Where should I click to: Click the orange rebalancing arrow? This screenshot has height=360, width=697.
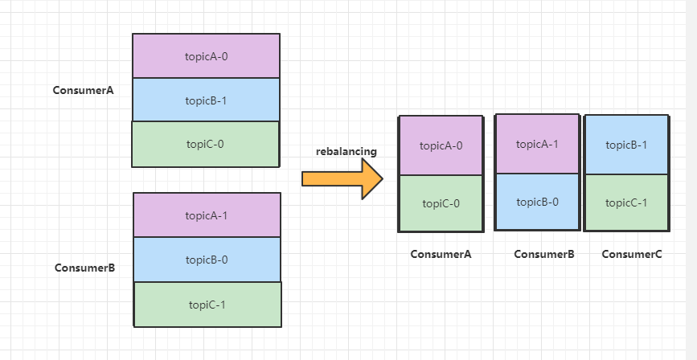click(x=342, y=178)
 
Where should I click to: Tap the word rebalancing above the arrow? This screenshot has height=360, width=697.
click(x=346, y=152)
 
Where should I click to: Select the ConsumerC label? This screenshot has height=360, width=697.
click(x=632, y=254)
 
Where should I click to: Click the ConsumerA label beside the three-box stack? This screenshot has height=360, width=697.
click(x=83, y=90)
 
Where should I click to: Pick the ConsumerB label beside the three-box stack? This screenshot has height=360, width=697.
click(x=85, y=268)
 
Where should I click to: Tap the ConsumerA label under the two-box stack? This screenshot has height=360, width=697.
click(x=441, y=254)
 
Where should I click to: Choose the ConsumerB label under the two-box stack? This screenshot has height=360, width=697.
click(x=544, y=254)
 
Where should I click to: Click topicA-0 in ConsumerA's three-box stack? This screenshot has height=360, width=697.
click(x=207, y=56)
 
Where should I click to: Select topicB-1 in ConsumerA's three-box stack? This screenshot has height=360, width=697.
click(x=207, y=100)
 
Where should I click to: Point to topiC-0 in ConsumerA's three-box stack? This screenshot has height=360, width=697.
click(x=206, y=144)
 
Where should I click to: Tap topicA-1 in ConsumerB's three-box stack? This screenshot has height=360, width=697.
click(x=207, y=215)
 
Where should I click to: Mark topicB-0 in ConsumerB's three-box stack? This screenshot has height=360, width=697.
click(x=207, y=260)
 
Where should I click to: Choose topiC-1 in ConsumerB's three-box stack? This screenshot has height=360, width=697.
click(x=207, y=305)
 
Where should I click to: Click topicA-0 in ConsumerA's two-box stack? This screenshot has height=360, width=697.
click(x=441, y=145)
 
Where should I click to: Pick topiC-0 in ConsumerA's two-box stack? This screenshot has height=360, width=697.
click(x=441, y=203)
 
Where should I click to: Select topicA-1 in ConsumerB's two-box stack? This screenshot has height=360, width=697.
click(x=537, y=144)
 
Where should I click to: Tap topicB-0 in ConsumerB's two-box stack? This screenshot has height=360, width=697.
click(x=537, y=202)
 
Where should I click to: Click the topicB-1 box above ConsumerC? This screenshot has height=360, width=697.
click(x=626, y=145)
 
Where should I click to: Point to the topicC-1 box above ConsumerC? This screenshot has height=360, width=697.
click(x=626, y=202)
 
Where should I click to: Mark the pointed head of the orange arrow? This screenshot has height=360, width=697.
click(x=383, y=178)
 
